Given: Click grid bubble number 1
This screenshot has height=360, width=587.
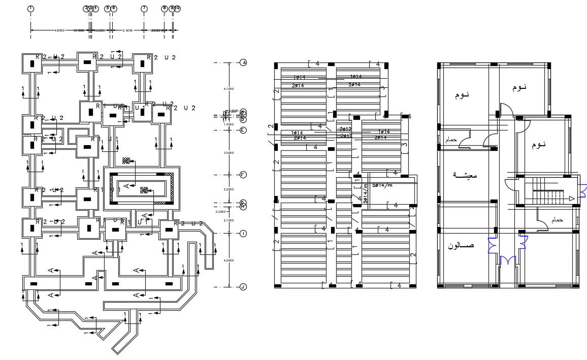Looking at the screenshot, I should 31,9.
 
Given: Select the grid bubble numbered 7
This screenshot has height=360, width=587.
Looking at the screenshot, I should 144,9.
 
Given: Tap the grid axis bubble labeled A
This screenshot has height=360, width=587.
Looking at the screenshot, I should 243,62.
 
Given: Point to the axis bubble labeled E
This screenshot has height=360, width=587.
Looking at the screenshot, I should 243,130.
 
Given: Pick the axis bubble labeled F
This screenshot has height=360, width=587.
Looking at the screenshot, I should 243,175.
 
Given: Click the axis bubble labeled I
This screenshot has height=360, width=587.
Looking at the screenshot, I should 243,234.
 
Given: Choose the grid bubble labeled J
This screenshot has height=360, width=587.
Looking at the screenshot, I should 243,287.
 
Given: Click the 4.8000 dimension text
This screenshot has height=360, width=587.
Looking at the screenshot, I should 59,30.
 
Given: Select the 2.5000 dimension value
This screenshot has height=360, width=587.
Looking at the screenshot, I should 127,30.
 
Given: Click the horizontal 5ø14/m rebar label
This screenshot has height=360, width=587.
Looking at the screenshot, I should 382,185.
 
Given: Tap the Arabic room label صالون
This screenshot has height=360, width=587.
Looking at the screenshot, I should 461,246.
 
